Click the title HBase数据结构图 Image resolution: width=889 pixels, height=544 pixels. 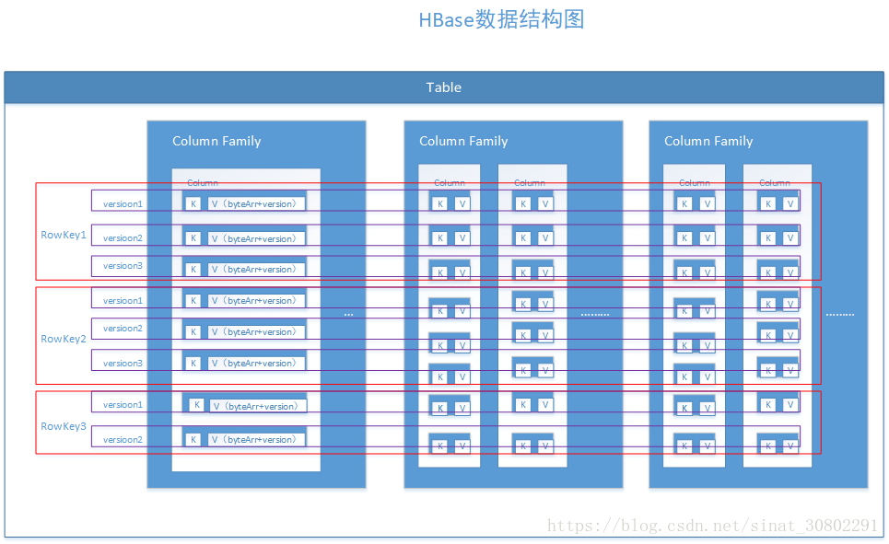point(501,19)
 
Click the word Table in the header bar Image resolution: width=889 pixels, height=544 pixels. point(443,87)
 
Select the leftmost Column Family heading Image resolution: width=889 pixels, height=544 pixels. point(216,141)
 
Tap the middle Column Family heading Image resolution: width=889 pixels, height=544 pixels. point(463,141)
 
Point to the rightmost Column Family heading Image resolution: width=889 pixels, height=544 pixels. point(708,141)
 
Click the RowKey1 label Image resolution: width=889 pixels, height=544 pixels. point(64,235)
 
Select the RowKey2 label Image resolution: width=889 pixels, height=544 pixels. point(64,339)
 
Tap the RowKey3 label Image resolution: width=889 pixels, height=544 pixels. point(64,426)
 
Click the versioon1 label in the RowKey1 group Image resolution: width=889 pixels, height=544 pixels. point(123,203)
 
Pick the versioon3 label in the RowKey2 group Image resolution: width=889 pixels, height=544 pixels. point(123,363)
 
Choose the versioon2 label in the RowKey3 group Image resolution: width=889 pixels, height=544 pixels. point(123,439)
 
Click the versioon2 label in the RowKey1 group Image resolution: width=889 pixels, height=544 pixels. point(123,238)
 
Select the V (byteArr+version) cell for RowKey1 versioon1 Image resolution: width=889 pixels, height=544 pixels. point(254,203)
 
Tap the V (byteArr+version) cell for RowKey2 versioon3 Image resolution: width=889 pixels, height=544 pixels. point(254,363)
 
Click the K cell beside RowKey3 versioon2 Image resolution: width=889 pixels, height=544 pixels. point(193,439)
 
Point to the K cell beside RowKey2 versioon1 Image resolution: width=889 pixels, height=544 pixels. point(193,301)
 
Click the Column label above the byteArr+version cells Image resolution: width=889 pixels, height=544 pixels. point(203,183)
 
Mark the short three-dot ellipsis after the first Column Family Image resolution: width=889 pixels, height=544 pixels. point(348,315)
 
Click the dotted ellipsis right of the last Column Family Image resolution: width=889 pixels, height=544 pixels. point(839,315)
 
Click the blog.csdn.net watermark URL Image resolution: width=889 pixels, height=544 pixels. point(712,526)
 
